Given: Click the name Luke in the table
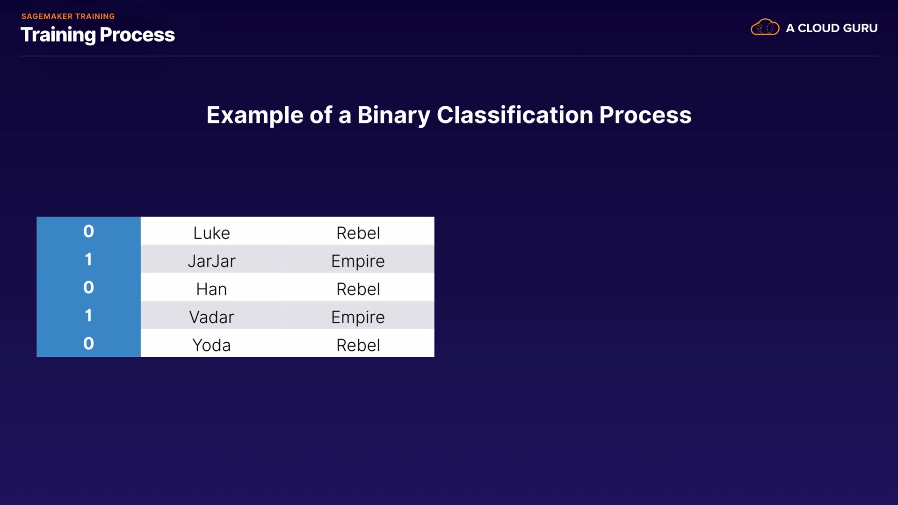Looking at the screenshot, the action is (x=211, y=233).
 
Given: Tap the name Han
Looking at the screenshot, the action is (x=211, y=289).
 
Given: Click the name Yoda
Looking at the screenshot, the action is (x=211, y=345).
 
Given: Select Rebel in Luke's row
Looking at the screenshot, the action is (x=358, y=233).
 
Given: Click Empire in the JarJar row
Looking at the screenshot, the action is (x=358, y=261).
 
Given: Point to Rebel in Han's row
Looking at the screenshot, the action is (x=358, y=289).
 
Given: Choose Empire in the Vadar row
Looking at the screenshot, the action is (x=358, y=317).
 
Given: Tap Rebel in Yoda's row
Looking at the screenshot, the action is (x=358, y=345).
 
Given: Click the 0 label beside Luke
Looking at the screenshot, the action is (x=88, y=231).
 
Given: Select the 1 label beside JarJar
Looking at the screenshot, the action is (x=88, y=259).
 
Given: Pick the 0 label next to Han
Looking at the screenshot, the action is (x=88, y=287).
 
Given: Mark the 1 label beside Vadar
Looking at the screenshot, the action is (x=88, y=315).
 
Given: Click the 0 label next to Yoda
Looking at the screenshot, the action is (x=88, y=343).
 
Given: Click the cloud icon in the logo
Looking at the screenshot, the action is (x=765, y=28).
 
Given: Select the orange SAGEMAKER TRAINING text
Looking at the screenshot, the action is (x=68, y=16).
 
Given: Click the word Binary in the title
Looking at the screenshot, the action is (x=394, y=115).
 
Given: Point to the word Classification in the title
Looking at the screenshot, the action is (x=515, y=115).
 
